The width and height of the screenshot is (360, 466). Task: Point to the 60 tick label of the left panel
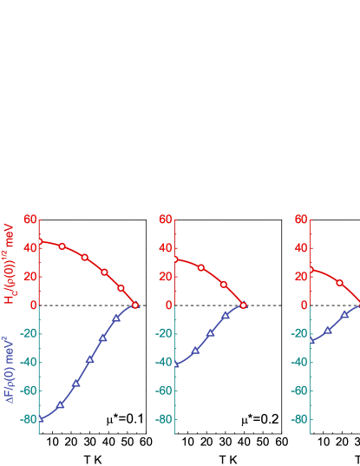click(30, 220)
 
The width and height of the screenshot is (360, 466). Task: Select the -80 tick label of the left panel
click(29, 419)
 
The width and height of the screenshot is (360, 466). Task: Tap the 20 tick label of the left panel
click(30, 277)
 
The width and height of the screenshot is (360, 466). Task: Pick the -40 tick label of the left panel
click(29, 362)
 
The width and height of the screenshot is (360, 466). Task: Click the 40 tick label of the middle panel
click(166, 248)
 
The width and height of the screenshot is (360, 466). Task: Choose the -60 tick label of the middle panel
click(164, 391)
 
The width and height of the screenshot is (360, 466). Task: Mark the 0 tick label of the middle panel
click(169, 305)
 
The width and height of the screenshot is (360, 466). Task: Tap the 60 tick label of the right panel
click(301, 220)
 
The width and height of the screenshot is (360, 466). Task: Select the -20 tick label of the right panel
click(299, 334)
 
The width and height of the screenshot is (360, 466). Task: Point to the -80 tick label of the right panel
click(299, 419)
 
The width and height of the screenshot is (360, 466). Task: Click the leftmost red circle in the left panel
click(39, 241)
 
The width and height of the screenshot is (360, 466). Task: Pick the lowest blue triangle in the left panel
click(40, 418)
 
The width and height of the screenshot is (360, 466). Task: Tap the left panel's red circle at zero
click(135, 305)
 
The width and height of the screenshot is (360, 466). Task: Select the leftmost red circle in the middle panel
click(175, 259)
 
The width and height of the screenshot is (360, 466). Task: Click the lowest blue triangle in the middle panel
click(175, 364)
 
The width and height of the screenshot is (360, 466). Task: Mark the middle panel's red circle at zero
click(243, 305)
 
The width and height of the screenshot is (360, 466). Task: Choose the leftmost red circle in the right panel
click(311, 269)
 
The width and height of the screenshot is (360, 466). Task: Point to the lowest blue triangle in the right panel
click(311, 340)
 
